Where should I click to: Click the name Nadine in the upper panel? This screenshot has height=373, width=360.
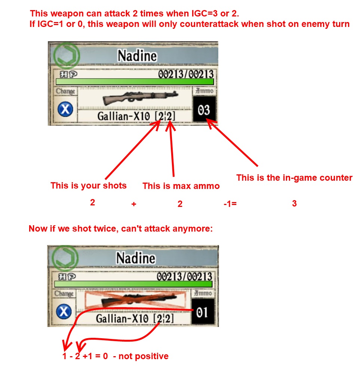coord(137,56)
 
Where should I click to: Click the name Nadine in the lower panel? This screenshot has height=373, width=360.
coord(136,258)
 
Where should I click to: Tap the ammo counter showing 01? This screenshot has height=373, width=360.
coord(203,312)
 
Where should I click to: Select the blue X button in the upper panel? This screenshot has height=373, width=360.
coord(65,109)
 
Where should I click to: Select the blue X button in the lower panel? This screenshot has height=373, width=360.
coord(64,312)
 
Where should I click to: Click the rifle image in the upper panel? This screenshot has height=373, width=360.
coord(140,98)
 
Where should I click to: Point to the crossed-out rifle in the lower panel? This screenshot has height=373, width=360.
coord(135,300)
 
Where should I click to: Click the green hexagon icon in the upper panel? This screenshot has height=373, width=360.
coord(67,55)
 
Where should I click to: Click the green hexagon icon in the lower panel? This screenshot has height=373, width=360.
coord(65,258)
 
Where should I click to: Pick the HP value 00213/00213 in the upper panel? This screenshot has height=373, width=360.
coord(186,74)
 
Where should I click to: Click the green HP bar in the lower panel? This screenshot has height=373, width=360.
coord(133,284)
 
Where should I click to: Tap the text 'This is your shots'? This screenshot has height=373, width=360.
coord(89,186)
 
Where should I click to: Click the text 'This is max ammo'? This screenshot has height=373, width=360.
coord(181,186)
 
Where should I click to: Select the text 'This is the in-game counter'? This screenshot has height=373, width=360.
coord(294,178)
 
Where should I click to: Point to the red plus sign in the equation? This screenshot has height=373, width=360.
coord(134,204)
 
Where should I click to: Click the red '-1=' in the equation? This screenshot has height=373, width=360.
coord(230,204)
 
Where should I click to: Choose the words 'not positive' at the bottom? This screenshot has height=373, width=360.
coord(144,356)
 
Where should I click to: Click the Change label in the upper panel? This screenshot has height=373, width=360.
coord(65,91)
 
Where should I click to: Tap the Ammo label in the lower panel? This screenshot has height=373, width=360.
coord(203,293)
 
